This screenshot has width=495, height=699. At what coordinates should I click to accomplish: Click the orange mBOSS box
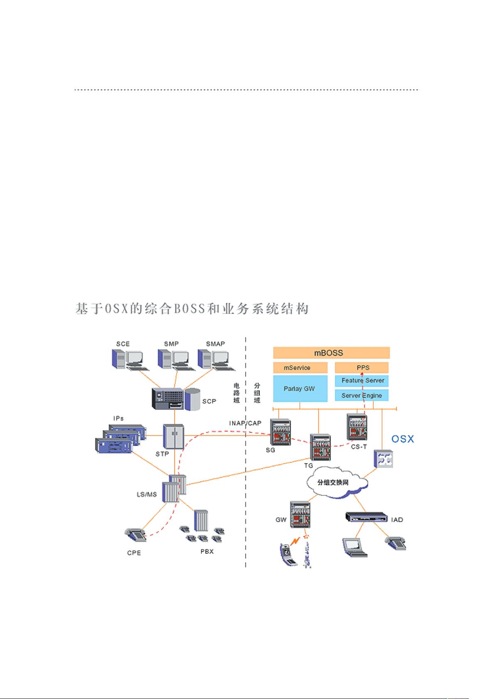click(331, 353)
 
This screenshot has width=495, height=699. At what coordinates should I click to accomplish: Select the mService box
click(300, 368)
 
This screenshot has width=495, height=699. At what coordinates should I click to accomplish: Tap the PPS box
click(362, 368)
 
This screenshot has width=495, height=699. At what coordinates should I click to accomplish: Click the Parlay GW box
click(300, 389)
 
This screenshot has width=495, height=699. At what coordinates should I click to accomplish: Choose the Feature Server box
click(362, 380)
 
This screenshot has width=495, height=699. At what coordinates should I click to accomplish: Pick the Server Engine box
click(362, 395)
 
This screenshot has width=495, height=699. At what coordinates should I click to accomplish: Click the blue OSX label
click(403, 439)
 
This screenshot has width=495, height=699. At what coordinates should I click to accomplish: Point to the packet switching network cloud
click(336, 482)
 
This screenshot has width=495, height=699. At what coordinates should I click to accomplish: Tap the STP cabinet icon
click(173, 436)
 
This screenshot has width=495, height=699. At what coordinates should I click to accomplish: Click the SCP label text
click(209, 401)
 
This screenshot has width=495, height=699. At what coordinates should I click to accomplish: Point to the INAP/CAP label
click(245, 423)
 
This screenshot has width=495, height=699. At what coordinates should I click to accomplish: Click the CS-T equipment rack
click(357, 427)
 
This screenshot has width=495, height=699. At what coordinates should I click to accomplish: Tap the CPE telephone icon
click(136, 535)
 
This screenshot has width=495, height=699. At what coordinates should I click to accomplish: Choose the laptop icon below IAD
click(354, 547)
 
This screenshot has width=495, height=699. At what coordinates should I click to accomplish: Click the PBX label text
click(207, 551)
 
